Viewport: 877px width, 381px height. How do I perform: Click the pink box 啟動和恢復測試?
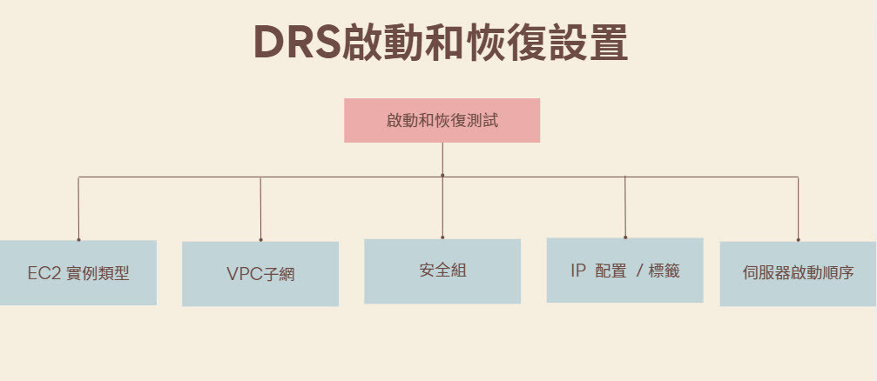click(x=442, y=120)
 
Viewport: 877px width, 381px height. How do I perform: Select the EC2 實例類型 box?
click(x=78, y=272)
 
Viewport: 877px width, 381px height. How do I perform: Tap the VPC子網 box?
click(x=260, y=274)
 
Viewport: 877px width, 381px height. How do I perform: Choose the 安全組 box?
click(x=442, y=271)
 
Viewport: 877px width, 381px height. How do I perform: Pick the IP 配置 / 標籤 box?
click(x=624, y=270)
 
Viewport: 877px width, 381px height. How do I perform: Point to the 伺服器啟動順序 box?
click(x=798, y=273)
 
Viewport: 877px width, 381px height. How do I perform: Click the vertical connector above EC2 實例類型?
click(x=79, y=209)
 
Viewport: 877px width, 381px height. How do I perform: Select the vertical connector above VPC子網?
click(x=260, y=209)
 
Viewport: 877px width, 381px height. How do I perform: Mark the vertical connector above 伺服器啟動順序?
click(x=798, y=209)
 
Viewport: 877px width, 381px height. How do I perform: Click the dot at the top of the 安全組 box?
click(x=442, y=237)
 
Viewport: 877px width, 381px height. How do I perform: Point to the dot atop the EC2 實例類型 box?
click(x=78, y=239)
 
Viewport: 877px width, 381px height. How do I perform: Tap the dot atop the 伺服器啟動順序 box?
click(x=798, y=239)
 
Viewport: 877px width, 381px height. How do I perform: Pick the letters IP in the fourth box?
click(x=578, y=271)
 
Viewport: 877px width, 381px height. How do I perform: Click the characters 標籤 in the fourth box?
click(x=664, y=271)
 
